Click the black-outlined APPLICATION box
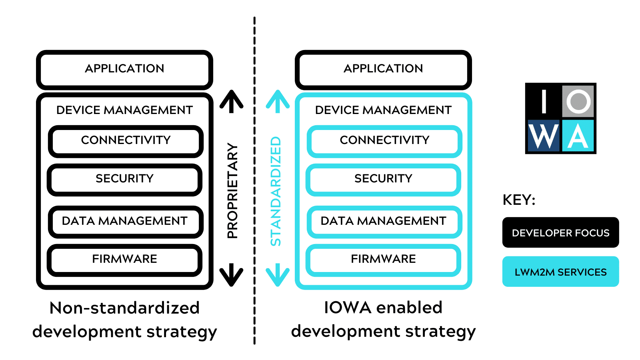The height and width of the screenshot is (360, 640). click(124, 69)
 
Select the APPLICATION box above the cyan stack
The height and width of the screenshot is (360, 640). click(383, 69)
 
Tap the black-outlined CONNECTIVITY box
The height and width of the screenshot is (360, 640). click(126, 141)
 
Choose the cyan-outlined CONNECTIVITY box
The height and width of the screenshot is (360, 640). click(384, 141)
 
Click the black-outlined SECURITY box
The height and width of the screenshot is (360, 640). click(124, 179)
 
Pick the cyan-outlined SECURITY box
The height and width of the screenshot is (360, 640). click(383, 179)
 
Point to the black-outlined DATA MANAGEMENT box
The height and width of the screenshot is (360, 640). click(125, 221)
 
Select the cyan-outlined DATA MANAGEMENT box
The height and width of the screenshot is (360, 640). click(384, 221)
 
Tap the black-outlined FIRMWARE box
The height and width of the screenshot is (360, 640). click(124, 260)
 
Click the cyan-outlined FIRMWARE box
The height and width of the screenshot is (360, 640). click(383, 260)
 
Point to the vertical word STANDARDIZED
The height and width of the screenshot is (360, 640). click(276, 191)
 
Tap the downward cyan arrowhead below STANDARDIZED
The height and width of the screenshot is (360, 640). click(278, 277)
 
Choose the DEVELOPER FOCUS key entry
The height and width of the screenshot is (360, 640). click(560, 233)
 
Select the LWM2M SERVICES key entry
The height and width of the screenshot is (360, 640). click(560, 272)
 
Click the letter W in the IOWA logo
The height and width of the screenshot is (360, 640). click(543, 136)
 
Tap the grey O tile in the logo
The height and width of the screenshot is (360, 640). click(578, 101)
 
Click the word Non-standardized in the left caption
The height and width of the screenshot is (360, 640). click(124, 308)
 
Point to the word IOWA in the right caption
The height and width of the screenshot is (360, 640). click(348, 308)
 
